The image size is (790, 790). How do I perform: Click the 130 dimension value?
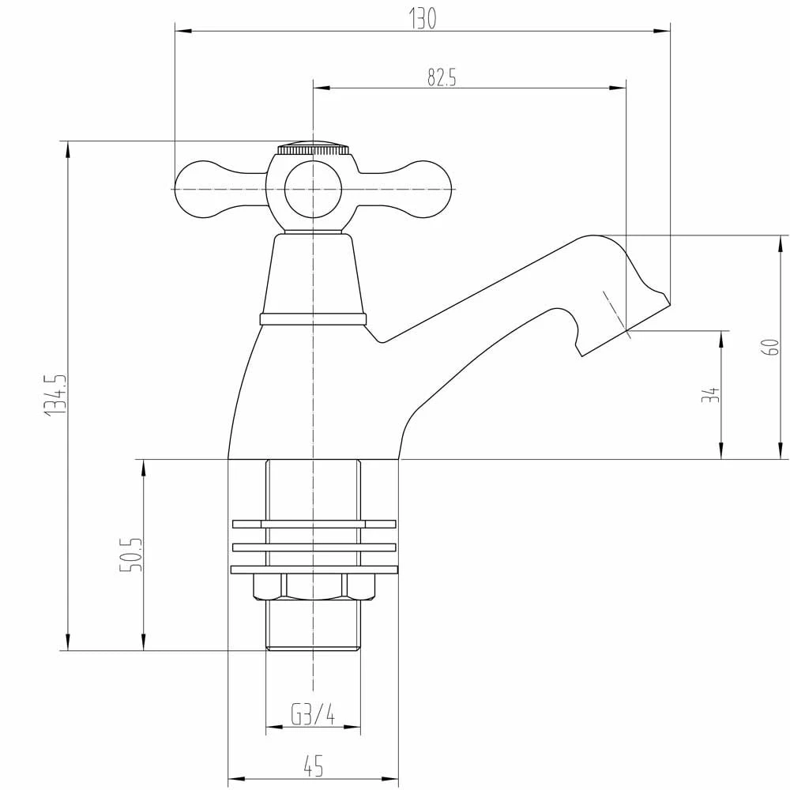pos(423,19)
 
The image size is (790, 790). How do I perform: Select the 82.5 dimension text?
pos(442,77)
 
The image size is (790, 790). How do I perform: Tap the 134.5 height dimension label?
pos(55,395)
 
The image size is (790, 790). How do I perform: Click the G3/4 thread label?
pos(313,713)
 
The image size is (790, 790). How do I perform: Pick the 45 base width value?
pos(314,766)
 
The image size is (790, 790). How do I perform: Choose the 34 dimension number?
pos(709,395)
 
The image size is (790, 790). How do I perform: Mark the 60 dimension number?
pos(772,347)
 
